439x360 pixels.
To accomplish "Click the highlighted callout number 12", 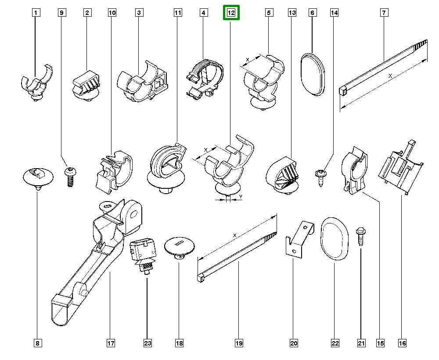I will (231, 13).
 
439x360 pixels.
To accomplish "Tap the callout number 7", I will (384, 13).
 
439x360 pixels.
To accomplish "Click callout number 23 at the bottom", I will (148, 343).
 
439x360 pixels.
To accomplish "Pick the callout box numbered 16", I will (402, 343).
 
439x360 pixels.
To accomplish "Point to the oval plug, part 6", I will (313, 73).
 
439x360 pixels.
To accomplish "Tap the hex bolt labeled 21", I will (360, 238).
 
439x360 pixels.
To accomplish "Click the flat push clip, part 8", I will (38, 177).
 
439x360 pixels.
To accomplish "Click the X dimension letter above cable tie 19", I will (235, 236).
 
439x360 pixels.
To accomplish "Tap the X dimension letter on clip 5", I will (247, 59).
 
